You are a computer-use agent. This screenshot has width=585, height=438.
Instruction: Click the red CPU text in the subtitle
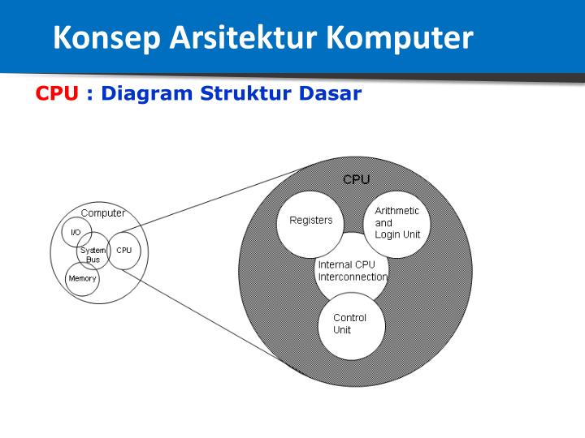56,93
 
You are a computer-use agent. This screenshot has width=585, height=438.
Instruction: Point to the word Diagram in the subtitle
145,93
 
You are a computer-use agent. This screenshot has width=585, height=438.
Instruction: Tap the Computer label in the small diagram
103,213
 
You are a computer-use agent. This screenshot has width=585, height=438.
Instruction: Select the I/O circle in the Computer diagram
75,233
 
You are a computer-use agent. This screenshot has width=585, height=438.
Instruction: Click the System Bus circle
93,255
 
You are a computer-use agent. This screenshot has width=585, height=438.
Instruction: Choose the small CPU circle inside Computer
123,251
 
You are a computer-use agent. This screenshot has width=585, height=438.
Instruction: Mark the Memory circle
82,279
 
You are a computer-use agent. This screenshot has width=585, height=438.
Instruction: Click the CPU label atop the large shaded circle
356,180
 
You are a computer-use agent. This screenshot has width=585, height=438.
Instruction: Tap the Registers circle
310,221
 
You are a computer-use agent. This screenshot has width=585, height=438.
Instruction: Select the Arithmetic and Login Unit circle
396,222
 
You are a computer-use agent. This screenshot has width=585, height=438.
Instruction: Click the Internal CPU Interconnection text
352,271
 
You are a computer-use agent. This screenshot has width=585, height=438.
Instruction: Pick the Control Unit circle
350,324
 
